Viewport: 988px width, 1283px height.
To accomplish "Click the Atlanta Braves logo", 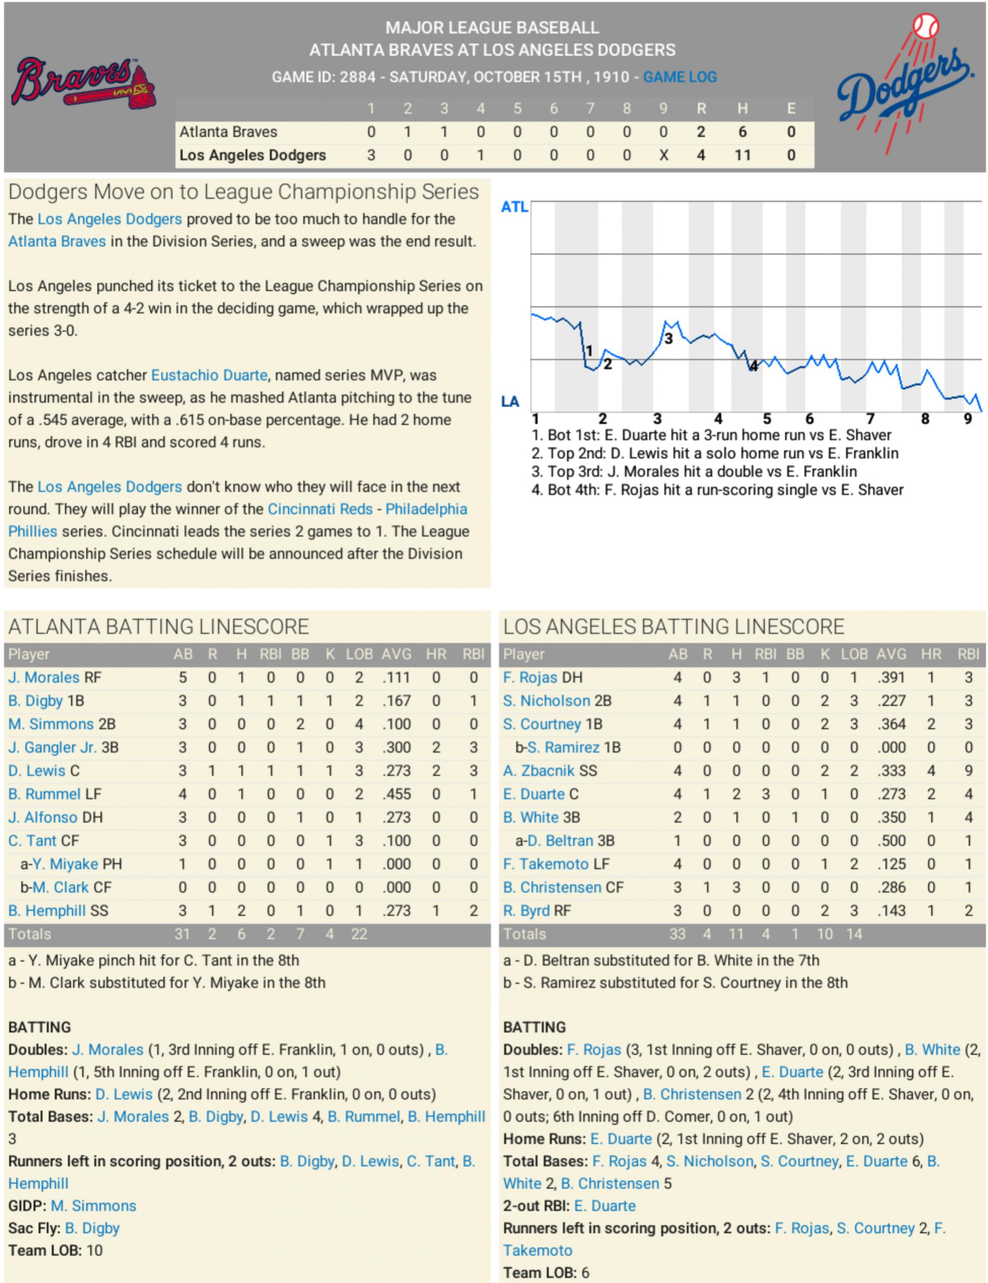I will point(83,83).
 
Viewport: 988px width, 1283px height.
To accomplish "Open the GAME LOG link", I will point(679,77).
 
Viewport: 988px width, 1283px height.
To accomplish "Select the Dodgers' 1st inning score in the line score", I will point(371,155).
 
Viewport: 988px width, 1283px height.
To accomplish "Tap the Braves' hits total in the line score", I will point(742,131).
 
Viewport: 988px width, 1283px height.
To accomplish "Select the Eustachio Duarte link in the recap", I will point(209,375).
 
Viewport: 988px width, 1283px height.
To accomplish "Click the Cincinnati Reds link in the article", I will point(320,509).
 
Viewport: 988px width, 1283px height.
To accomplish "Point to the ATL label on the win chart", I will point(514,207).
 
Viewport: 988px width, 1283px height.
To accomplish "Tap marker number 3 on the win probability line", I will point(668,338).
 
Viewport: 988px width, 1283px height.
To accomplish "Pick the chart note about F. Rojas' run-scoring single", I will point(717,490).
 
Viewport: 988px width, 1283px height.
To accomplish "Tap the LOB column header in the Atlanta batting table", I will point(359,654).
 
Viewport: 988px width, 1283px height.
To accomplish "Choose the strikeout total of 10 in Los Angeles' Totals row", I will point(824,933).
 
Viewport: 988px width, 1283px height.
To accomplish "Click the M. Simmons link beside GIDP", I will point(93,1205).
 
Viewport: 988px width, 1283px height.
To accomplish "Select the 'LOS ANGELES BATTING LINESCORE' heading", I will point(673,627).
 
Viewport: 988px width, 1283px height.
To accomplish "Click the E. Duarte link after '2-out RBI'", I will point(605,1205).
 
